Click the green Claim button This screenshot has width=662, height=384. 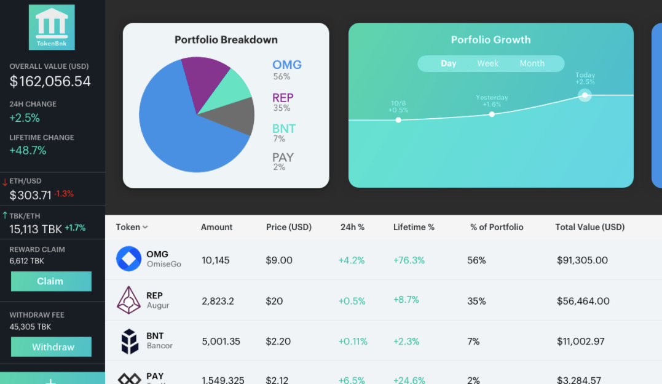coord(51,281)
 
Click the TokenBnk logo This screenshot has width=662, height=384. coord(52,27)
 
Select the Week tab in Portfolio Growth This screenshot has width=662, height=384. coord(487,63)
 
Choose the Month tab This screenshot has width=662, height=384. coord(532,63)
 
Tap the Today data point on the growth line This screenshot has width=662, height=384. coord(585,95)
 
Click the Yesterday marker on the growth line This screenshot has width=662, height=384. coord(492,114)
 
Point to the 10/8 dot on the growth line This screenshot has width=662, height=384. coord(398,120)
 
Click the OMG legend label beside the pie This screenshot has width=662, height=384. coord(287,65)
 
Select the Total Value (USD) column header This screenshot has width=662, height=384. coord(589,227)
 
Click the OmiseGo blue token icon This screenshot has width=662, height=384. coord(128,259)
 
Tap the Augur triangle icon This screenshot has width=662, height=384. coord(128,300)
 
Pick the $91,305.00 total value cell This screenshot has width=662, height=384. coord(582,260)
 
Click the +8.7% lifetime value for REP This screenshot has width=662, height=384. coord(406,300)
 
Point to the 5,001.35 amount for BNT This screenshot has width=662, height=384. coord(221,341)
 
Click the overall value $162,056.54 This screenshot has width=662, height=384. coord(50,81)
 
